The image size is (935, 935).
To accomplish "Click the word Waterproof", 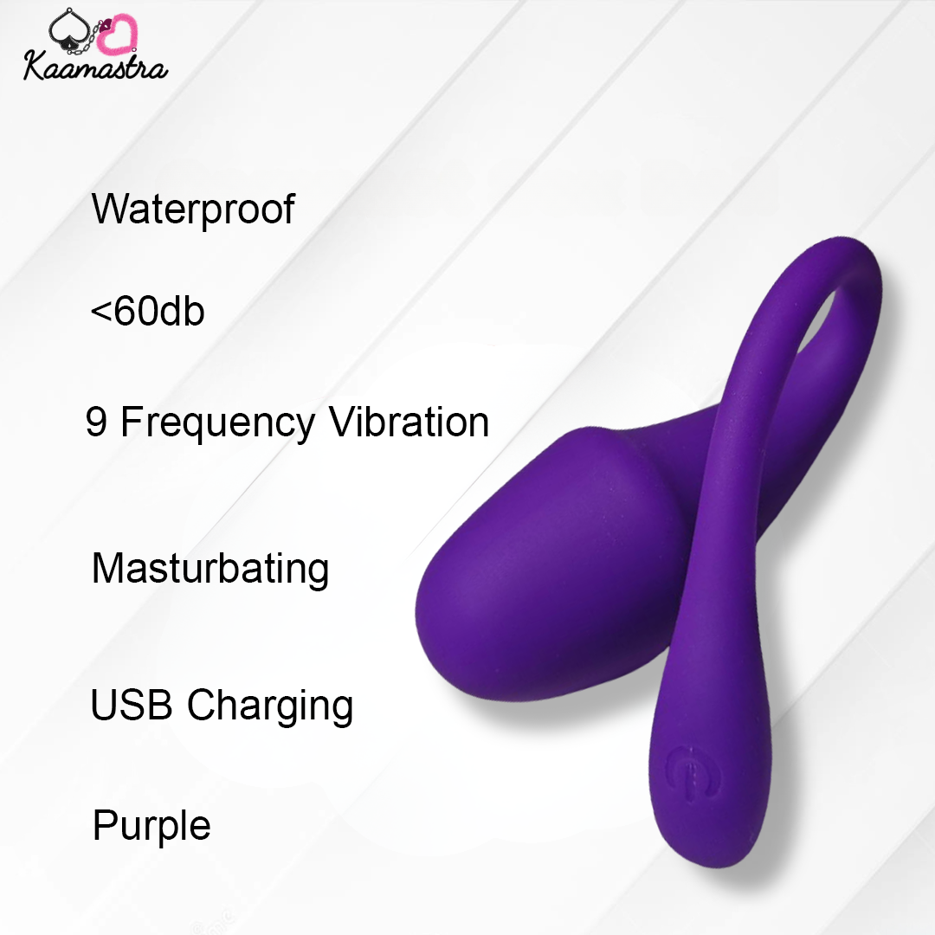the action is coord(193,210).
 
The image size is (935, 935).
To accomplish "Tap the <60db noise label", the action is coord(147,312).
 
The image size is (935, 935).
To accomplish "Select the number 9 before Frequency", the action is coord(96,422).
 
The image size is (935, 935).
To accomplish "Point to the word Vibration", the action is coord(409,422).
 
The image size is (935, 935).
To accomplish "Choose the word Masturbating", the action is coord(210,570).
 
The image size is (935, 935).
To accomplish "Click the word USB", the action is coord(132,704).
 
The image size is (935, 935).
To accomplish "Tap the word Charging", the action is coord(270,707).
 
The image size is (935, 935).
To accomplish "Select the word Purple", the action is coord(152,827).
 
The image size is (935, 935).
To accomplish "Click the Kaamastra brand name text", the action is coord(95,66).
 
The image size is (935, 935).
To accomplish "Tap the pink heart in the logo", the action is coord(117,35).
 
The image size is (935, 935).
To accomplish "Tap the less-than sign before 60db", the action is coord(100,312).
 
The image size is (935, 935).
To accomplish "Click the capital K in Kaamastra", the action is coord(36,66).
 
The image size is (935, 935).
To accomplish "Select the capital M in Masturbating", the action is coord(106,568).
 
